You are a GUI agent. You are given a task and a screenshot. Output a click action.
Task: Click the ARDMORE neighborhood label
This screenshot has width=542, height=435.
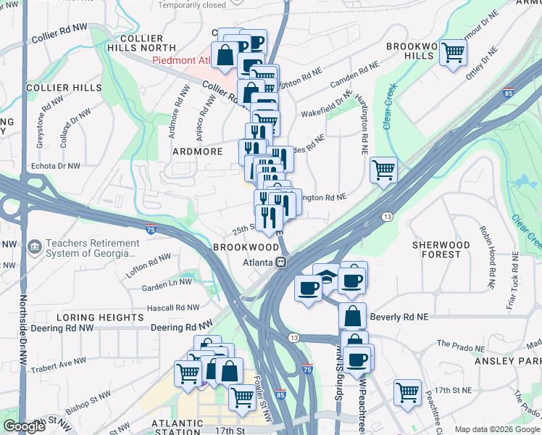tap(196, 152)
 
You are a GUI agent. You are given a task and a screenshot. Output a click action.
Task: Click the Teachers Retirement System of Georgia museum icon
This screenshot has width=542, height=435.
tap(34, 248)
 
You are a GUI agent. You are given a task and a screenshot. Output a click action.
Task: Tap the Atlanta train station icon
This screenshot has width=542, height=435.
tap(287, 262)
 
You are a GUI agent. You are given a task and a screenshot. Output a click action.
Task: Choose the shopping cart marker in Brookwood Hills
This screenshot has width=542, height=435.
tap(453, 52)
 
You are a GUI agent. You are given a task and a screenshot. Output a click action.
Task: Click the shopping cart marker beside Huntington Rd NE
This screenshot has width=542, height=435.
tap(383, 170)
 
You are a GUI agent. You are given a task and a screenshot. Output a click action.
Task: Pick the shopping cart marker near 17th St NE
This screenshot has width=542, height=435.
tap(407, 392)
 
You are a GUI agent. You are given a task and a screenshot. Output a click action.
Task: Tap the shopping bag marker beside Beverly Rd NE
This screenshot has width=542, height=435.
tap(352, 316)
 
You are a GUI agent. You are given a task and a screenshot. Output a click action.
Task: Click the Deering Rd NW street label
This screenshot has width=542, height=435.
tap(182, 327)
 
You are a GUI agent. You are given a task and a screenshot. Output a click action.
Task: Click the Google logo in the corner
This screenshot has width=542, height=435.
tap(23, 426)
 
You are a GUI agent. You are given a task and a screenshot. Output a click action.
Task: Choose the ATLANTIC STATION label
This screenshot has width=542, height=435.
tap(177, 423)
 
